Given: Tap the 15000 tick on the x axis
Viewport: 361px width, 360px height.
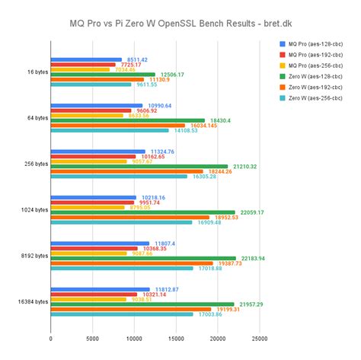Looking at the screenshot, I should coord(176,339).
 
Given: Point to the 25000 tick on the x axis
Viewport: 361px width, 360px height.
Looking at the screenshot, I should coord(259,339).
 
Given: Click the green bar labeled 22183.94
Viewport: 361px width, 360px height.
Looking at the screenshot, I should coord(143,258).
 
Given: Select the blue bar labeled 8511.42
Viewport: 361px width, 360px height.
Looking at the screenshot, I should coord(86,59).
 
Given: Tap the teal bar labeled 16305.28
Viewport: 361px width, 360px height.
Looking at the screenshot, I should coord(119,177).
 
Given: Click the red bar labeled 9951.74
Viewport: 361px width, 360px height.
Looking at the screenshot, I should coord(92,202).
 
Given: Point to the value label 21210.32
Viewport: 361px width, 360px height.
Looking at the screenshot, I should coord(248,166).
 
